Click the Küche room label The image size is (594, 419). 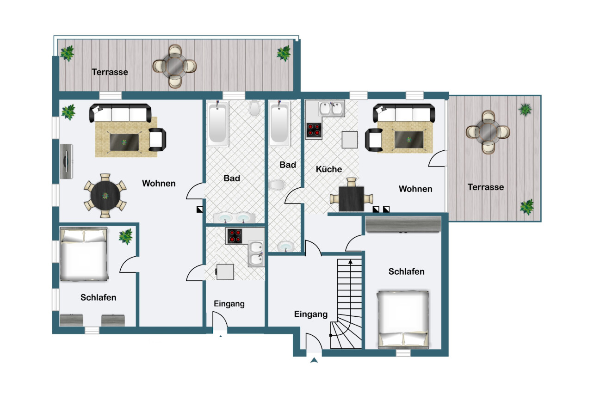[x=329, y=169]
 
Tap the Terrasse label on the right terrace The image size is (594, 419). [x=486, y=187]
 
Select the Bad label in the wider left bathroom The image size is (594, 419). [x=232, y=178]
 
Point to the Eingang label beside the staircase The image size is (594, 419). [x=311, y=314]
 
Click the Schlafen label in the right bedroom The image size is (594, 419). [x=407, y=271]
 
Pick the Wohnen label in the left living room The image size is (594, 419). [x=159, y=183]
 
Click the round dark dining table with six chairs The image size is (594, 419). [x=105, y=196]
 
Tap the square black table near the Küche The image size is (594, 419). [x=352, y=199]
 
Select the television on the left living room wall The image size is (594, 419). [x=66, y=161]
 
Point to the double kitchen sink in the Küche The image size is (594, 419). [x=331, y=108]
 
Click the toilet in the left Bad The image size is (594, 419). [x=254, y=108]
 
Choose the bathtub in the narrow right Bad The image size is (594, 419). [x=279, y=123]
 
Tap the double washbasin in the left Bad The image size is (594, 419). [x=234, y=218]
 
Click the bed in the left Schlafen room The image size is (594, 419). [x=84, y=254]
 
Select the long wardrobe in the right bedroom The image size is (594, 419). [x=403, y=224]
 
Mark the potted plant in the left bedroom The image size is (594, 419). [x=126, y=236]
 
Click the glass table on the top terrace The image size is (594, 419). [x=175, y=66]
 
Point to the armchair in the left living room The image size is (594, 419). [x=157, y=139]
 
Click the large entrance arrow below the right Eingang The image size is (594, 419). [x=314, y=360]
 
